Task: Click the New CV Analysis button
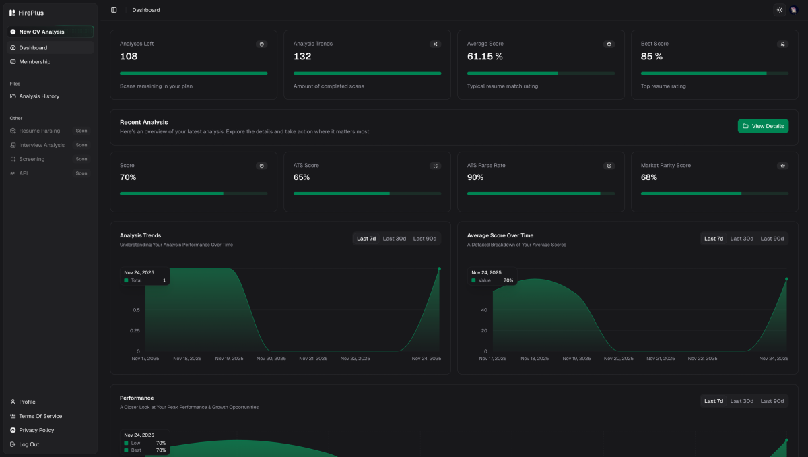(x=42, y=32)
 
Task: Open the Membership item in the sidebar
(x=34, y=62)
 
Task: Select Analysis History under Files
(x=39, y=96)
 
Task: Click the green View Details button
(x=763, y=126)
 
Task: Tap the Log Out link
(x=29, y=444)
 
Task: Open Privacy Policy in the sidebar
(x=36, y=430)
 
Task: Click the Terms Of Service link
(x=40, y=416)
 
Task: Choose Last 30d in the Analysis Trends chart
(x=395, y=239)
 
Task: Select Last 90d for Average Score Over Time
(x=772, y=239)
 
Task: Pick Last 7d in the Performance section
(x=714, y=401)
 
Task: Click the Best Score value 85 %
(x=651, y=57)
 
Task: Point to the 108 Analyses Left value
(x=129, y=57)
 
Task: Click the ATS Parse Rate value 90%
(x=475, y=177)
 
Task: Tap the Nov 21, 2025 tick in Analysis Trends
(x=313, y=359)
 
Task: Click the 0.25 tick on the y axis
(x=134, y=330)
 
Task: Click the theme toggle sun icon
(x=780, y=10)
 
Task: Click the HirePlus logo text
(x=31, y=13)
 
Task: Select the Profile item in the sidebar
(x=27, y=402)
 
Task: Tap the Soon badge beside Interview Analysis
(x=81, y=145)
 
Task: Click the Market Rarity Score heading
(x=665, y=165)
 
